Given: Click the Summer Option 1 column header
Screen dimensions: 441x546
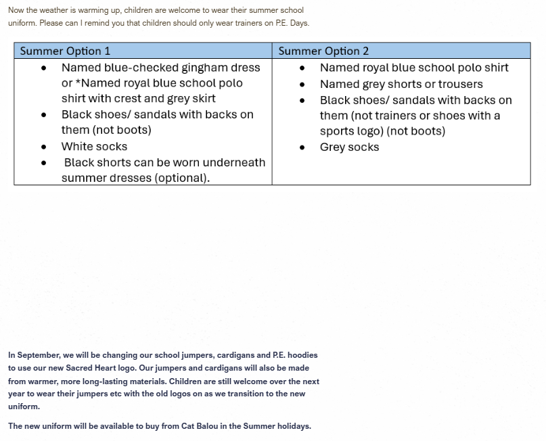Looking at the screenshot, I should (x=65, y=51).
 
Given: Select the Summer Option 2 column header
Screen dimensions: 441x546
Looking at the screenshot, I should (x=323, y=51).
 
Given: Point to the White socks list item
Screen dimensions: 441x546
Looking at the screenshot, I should (x=94, y=146).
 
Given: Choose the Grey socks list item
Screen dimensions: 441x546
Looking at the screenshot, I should (x=349, y=147).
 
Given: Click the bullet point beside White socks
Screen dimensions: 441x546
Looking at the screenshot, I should (x=44, y=147).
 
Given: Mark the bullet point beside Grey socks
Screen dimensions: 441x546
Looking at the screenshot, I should (x=302, y=147).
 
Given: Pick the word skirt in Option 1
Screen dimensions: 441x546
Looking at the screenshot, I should (x=202, y=99).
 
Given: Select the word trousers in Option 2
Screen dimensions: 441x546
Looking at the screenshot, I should (x=459, y=84).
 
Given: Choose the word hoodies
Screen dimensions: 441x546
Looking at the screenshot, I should (x=303, y=355).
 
